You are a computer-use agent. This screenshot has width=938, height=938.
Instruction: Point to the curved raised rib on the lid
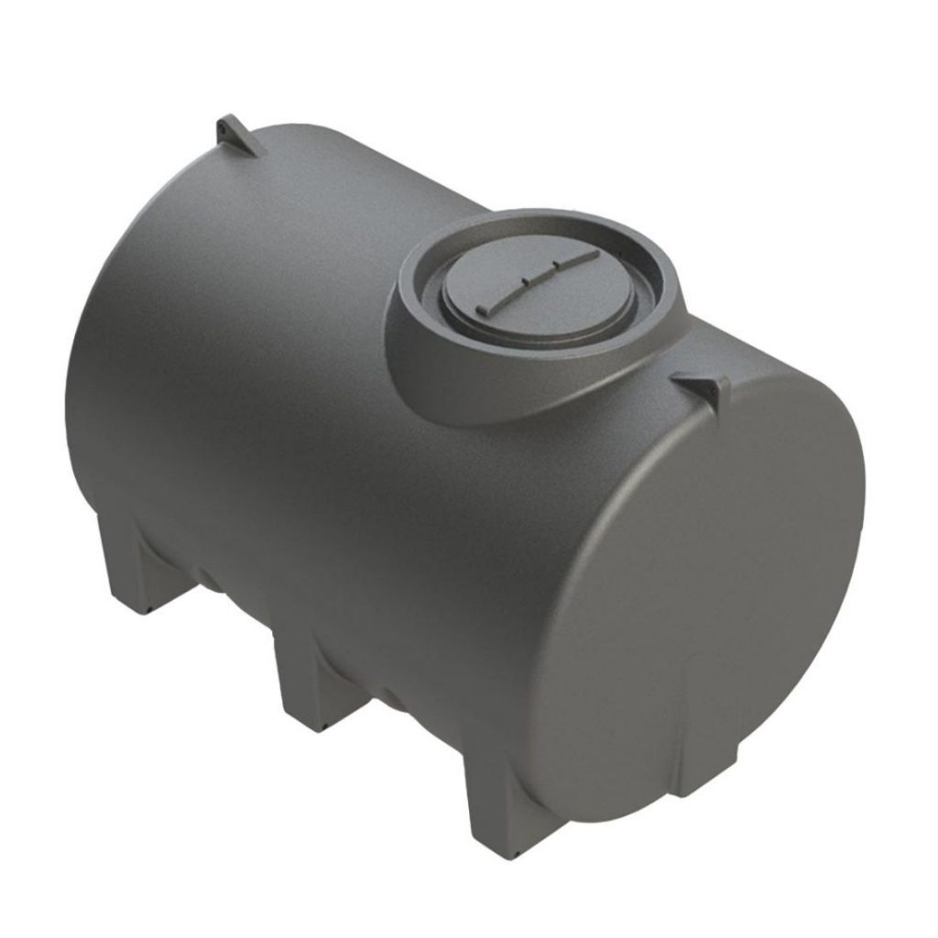click(x=540, y=279)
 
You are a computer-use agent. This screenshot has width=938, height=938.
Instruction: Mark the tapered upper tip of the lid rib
click(x=595, y=252)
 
